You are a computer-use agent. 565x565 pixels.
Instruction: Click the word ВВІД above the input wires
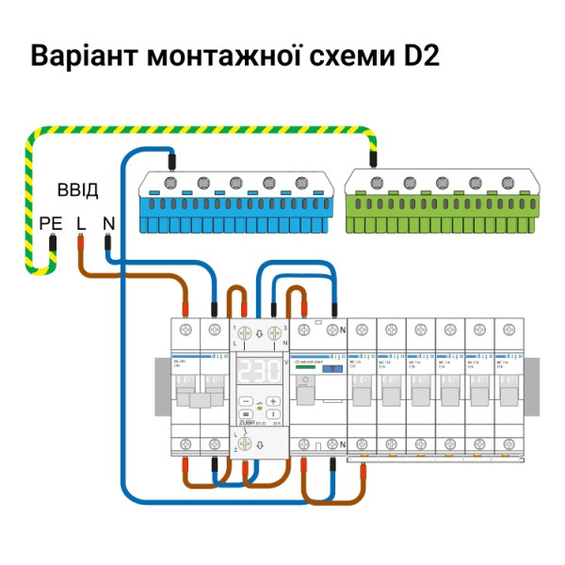pyautogui.click(x=77, y=190)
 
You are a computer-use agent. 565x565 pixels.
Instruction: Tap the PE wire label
pyautogui.click(x=51, y=223)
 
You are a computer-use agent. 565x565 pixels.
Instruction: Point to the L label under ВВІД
pyautogui.click(x=80, y=223)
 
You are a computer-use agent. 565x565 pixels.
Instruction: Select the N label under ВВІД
pyautogui.click(x=108, y=223)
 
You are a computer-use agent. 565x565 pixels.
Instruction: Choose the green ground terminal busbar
pyautogui.click(x=442, y=202)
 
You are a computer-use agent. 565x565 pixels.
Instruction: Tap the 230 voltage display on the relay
pyautogui.click(x=258, y=370)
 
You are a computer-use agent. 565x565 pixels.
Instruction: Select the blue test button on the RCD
pyautogui.click(x=331, y=371)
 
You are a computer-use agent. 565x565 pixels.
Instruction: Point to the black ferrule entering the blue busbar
pyautogui.click(x=172, y=158)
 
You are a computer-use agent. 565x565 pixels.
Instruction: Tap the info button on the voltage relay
pyautogui.click(x=272, y=413)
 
